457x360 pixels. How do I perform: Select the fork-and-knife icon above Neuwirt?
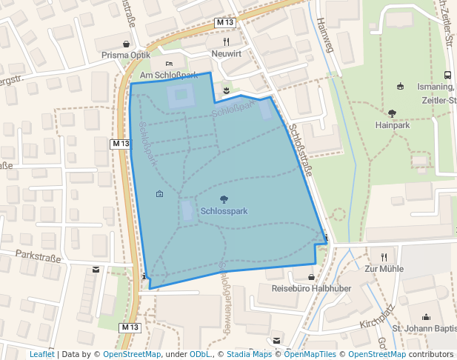pos(227,42)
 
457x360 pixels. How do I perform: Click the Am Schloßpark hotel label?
pos(169,76)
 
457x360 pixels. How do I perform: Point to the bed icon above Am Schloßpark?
pos(169,64)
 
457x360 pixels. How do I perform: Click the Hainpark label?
pos(393,126)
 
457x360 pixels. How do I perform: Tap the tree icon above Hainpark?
pos(392,113)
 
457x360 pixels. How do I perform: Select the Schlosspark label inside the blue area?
pos(224,211)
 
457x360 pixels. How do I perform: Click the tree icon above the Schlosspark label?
pos(224,199)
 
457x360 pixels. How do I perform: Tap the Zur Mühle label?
pos(383,269)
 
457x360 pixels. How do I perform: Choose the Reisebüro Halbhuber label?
pos(310,288)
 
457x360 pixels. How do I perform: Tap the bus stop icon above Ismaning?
pos(447,75)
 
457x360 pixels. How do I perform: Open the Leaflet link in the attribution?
pos(41,354)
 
